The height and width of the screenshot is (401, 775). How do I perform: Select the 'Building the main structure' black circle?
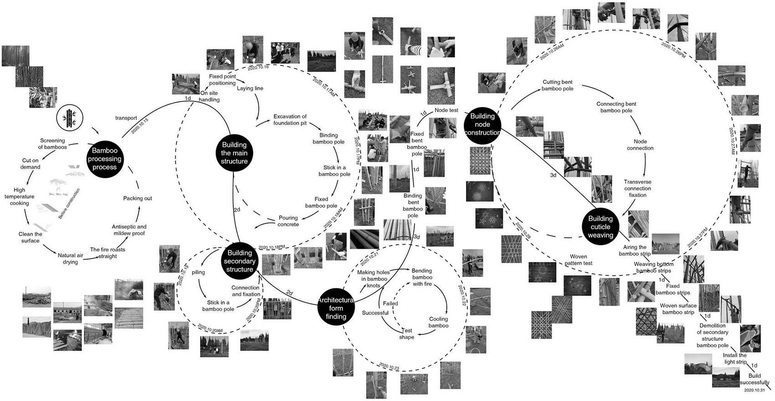[234, 153]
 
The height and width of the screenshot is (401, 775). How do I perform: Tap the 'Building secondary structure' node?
[240, 261]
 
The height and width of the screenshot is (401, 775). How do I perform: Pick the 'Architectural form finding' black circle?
[336, 308]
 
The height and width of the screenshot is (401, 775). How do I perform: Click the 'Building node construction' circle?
[482, 124]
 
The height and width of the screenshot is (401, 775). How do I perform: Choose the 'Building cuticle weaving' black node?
[600, 226]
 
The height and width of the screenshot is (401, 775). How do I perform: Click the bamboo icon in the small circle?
[70, 118]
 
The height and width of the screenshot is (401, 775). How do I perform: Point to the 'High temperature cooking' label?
[20, 196]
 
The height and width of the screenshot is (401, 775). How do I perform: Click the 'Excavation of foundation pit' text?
[290, 119]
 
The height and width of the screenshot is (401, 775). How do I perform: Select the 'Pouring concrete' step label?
[288, 221]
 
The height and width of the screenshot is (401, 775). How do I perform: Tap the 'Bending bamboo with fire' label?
[422, 277]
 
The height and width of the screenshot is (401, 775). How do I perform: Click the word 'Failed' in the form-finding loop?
[390, 303]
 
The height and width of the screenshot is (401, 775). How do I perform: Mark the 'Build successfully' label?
[754, 379]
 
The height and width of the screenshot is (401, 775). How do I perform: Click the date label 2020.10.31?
[754, 391]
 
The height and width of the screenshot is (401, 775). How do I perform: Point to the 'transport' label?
[126, 118]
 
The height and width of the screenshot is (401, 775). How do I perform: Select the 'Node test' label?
[446, 110]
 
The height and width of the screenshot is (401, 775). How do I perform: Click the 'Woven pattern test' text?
[579, 260]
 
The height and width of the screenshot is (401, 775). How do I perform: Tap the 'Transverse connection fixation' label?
[638, 188]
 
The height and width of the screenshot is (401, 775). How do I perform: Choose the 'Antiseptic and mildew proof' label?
[129, 230]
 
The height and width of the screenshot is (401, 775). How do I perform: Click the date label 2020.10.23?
[389, 366]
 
